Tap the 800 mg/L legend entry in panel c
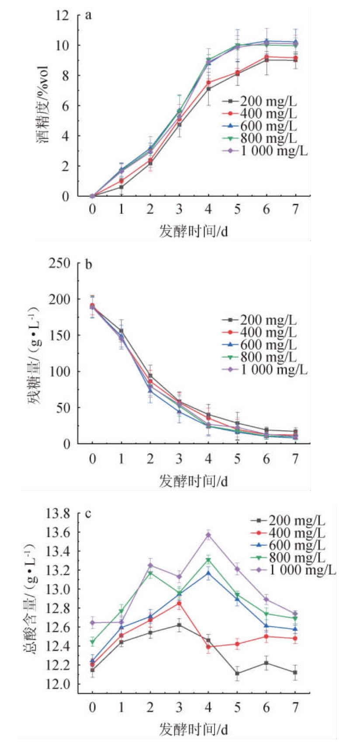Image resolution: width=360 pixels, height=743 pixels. click(289, 558)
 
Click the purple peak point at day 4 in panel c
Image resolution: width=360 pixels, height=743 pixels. click(208, 535)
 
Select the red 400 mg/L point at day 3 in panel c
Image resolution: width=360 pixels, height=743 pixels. click(179, 604)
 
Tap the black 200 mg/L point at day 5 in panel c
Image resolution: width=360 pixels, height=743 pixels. click(237, 674)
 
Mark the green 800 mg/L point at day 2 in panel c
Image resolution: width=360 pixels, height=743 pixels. click(150, 573)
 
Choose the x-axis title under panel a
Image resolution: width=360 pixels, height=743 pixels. click(193, 231)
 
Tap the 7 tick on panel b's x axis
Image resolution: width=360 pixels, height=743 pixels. click(295, 459)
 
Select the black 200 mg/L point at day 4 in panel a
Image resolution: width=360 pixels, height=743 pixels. click(208, 89)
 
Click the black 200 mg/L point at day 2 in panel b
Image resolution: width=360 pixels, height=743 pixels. click(150, 376)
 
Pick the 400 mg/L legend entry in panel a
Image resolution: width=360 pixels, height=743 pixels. click(260, 114)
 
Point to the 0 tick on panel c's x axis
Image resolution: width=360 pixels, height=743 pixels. click(92, 707)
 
